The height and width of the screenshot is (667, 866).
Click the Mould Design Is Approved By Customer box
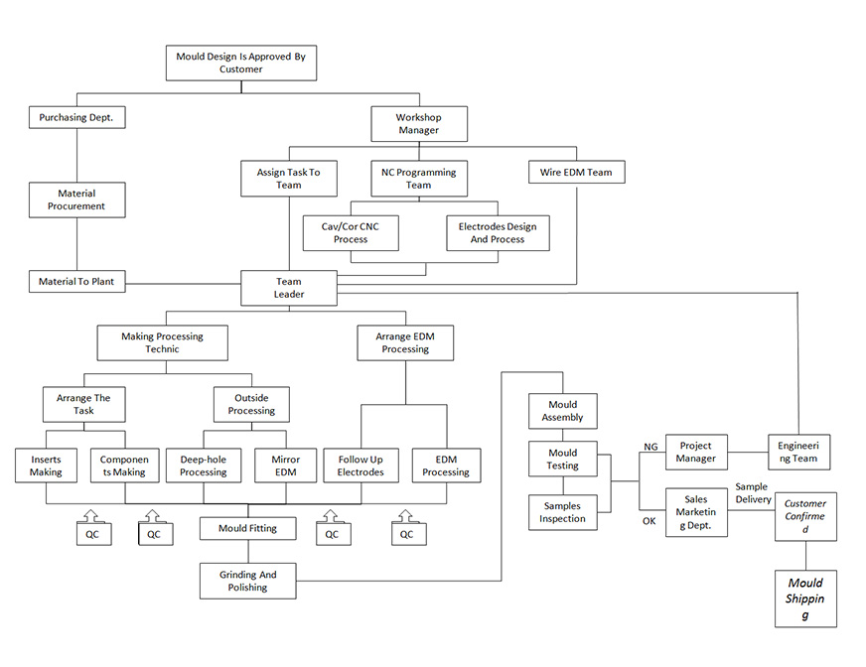[240, 64]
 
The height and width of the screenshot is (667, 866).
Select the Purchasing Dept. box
[76, 117]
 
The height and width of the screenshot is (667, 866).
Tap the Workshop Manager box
[418, 124]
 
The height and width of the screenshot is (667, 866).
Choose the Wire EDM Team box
[576, 173]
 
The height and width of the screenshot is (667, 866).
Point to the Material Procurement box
[76, 200]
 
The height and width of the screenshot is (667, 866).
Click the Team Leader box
[289, 288]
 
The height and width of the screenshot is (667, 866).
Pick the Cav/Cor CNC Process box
[350, 233]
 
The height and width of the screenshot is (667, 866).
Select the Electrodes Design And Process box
[498, 233]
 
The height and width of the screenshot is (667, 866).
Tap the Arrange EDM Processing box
[405, 342]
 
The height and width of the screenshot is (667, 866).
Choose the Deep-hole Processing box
[204, 466]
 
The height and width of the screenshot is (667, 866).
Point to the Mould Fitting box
[247, 529]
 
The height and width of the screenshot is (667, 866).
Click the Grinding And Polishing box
[247, 581]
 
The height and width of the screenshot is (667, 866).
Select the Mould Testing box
[563, 459]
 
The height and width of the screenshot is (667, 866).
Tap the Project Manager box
[696, 453]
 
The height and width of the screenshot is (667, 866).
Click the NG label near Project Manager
[650, 447]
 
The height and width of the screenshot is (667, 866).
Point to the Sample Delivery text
[753, 493]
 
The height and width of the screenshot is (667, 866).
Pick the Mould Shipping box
[805, 599]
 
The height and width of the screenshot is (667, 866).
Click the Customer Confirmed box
[805, 516]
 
